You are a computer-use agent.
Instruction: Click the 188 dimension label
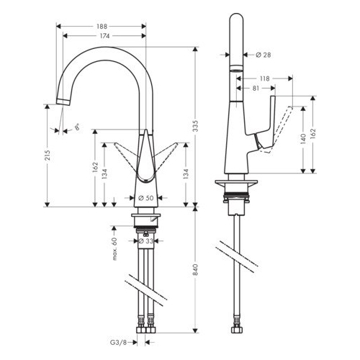(x=102, y=26)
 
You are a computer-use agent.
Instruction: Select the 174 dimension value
(x=105, y=36)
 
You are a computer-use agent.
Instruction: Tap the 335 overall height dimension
(x=196, y=125)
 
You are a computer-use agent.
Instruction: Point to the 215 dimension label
(x=48, y=156)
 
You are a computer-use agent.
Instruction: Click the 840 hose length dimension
(x=196, y=269)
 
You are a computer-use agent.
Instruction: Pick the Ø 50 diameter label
(x=146, y=198)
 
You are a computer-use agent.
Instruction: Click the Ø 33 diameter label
(x=146, y=240)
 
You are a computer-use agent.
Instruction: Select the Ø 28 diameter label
(x=264, y=55)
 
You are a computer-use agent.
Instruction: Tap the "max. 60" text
(x=114, y=248)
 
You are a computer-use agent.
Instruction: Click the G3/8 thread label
(x=118, y=343)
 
